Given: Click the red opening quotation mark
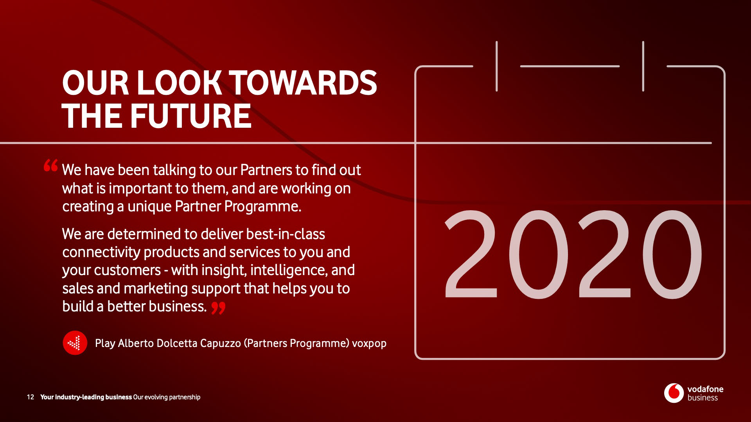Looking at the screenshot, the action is [51, 165].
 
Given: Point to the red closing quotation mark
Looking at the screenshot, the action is [219, 308].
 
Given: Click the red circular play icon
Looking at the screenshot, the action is [75, 343].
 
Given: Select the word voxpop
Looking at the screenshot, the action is [369, 344].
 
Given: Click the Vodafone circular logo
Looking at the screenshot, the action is [673, 393].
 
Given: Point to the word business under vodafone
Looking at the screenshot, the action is [702, 398].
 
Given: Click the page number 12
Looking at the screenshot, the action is [30, 397].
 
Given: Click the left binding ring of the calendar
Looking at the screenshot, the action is [497, 66].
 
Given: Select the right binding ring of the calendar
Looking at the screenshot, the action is [643, 66].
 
